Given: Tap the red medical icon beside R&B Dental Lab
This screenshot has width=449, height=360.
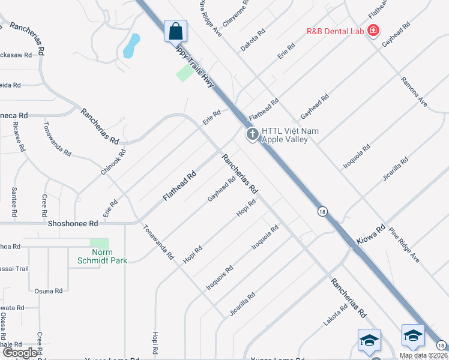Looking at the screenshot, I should (373, 30).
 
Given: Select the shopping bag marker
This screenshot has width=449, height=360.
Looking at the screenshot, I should (175, 31).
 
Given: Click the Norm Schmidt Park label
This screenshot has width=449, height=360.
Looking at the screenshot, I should (102, 256).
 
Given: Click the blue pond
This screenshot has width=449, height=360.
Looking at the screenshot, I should (131, 46).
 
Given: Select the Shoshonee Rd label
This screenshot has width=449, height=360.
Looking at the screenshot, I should (73, 223).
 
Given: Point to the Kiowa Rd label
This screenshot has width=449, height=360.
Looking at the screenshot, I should (372, 230).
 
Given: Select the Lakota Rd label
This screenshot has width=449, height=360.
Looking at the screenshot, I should (335, 316).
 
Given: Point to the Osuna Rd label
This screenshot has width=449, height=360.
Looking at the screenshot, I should (49, 292).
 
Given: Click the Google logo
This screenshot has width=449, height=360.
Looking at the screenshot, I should (20, 352).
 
